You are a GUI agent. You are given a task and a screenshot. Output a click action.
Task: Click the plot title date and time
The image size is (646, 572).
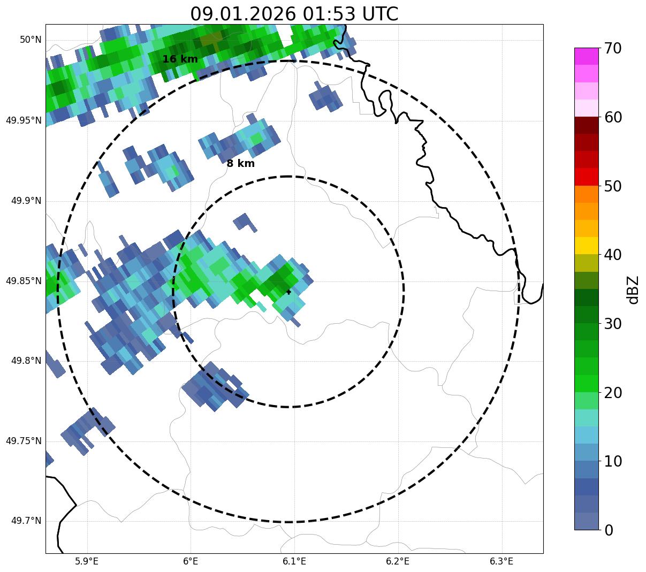click(294, 13)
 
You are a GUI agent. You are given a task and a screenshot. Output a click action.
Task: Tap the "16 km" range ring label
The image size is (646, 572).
click(180, 59)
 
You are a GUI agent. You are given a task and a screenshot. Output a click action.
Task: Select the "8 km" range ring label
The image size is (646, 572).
click(240, 164)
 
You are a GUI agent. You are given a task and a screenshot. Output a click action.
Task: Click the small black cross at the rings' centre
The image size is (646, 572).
click(288, 292)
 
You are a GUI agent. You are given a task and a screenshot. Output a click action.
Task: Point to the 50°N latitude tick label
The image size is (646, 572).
click(31, 40)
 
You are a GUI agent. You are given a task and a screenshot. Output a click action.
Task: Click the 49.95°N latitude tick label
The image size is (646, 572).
click(24, 120)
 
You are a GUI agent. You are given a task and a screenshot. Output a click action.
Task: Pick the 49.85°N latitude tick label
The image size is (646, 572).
click(24, 281)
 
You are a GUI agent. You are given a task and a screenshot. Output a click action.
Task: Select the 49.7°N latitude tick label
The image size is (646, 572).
click(26, 521)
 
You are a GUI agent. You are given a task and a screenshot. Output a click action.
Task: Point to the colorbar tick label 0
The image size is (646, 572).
click(609, 530)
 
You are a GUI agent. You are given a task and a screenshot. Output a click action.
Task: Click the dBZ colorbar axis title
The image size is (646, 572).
click(634, 289)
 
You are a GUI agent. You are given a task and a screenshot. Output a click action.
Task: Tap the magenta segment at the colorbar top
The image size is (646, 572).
click(586, 56)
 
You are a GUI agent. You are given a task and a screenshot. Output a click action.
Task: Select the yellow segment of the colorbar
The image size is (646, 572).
click(586, 246)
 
